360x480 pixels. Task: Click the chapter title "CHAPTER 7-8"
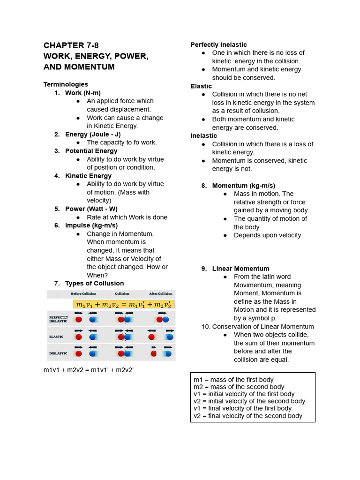71,45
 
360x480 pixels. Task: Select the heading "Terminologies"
66,84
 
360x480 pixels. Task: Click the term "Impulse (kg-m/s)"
91,225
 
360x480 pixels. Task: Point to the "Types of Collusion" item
94,283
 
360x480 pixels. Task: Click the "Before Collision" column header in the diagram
83,294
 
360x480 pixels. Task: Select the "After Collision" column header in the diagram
160,294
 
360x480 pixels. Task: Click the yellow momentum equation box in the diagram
124,304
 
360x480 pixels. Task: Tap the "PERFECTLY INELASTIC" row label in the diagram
59,319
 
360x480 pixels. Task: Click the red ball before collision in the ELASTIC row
78,337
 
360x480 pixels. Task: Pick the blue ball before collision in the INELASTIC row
92,353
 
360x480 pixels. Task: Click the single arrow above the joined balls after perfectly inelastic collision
163,313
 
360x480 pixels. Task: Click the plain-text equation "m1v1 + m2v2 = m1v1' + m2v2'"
89,370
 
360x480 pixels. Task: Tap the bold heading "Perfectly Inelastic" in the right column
218,45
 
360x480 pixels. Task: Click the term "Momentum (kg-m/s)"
243,186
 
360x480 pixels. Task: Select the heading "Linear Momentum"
240,269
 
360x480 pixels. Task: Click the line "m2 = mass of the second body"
239,387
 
